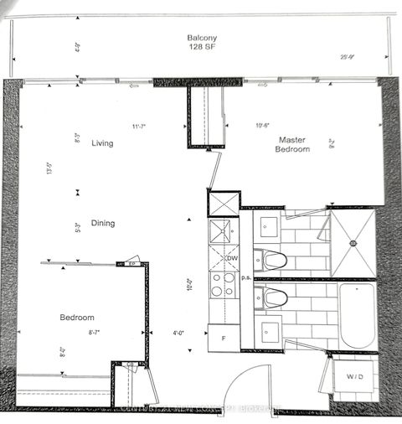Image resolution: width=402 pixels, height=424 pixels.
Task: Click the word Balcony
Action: point(201,37)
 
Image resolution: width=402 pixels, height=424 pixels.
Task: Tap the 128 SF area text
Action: point(201,48)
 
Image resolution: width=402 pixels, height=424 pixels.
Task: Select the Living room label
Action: point(103,143)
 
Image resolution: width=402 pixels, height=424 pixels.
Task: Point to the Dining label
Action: point(104,224)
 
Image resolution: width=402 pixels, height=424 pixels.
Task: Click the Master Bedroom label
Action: point(294,144)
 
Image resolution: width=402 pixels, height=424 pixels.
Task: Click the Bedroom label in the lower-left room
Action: point(76,318)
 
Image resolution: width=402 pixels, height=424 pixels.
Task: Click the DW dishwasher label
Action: point(232,258)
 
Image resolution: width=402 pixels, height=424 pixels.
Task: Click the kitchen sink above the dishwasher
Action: point(223,231)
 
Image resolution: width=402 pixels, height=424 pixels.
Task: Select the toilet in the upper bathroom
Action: point(274,258)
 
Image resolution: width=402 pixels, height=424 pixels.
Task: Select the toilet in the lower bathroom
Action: point(274,296)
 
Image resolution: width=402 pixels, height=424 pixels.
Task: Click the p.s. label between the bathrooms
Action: point(246,277)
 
